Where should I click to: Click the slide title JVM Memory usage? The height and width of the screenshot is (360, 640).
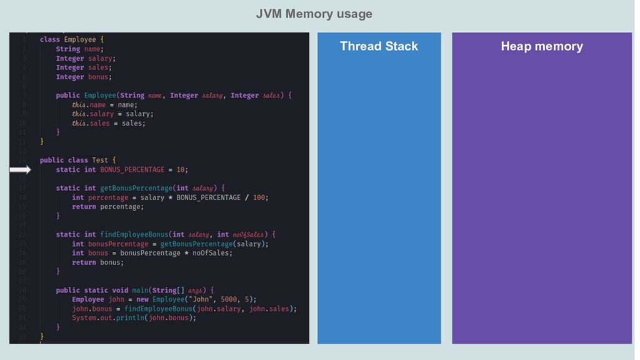point(314,14)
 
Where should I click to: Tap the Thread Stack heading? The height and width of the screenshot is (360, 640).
point(379,46)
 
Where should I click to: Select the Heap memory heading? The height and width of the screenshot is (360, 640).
point(541,46)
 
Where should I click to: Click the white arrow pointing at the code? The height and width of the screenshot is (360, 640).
point(20,169)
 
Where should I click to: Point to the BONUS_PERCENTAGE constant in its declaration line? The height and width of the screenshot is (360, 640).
point(132,169)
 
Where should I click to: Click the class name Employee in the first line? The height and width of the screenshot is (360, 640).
point(79,39)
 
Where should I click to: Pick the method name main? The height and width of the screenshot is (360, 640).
point(140,290)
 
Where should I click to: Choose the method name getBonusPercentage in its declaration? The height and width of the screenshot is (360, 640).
point(136,188)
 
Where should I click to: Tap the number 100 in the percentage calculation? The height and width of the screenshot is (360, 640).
point(260,197)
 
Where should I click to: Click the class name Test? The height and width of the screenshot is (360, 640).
point(100,160)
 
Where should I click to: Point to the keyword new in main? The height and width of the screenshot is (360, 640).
point(142,299)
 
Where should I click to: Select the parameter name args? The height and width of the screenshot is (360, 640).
point(195,290)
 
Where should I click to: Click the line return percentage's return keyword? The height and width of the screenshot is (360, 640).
point(84,206)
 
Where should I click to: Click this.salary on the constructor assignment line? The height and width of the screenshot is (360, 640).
point(92,114)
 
